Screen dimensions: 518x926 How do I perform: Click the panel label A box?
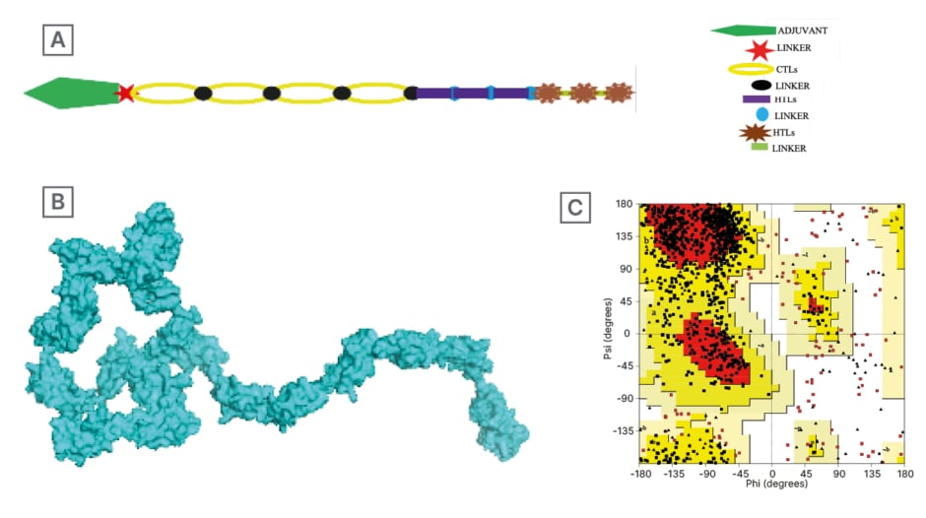click(x=58, y=40)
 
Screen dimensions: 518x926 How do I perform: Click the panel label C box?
click(x=575, y=209)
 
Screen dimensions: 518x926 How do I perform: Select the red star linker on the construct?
click(x=125, y=93)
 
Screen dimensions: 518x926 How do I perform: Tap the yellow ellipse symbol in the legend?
click(x=758, y=69)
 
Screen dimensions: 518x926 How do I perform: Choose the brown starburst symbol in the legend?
click(x=758, y=133)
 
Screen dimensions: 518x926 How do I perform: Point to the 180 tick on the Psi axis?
click(x=625, y=205)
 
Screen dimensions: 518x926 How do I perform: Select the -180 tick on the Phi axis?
click(x=640, y=474)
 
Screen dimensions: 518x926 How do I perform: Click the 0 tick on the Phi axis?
click(x=772, y=474)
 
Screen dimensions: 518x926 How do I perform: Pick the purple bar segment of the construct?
click(x=473, y=94)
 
